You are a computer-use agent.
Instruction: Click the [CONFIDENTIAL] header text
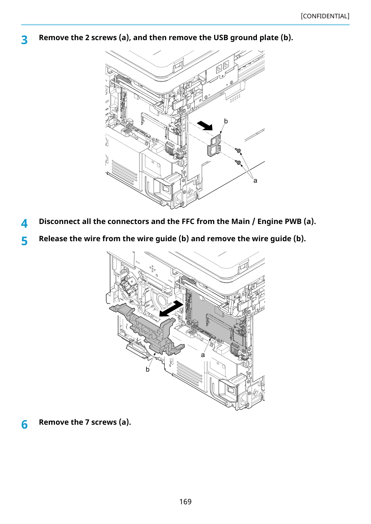coord(325,16)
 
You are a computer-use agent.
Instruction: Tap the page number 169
coord(185,501)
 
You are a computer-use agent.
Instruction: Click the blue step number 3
coord(24,40)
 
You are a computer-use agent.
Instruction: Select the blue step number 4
coord(24,223)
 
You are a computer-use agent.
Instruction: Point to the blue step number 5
coord(24,241)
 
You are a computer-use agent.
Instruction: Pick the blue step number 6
coord(24,425)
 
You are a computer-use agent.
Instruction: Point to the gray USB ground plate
coord(215,145)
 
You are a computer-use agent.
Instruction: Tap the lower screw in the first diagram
coord(238,162)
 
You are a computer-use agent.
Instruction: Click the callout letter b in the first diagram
coord(226,121)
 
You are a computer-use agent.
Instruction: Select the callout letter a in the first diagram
coord(255,181)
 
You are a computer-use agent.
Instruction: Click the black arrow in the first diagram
coord(205,125)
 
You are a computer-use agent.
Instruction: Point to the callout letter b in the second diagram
coord(147,370)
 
